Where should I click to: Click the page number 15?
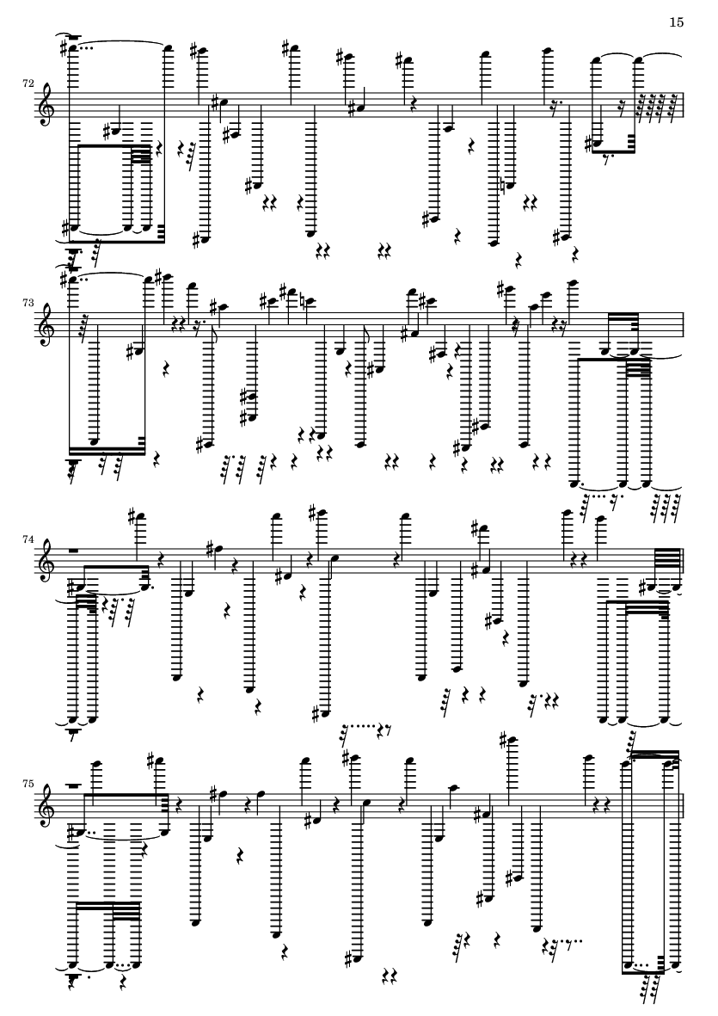point(676,22)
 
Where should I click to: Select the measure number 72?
point(28,83)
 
